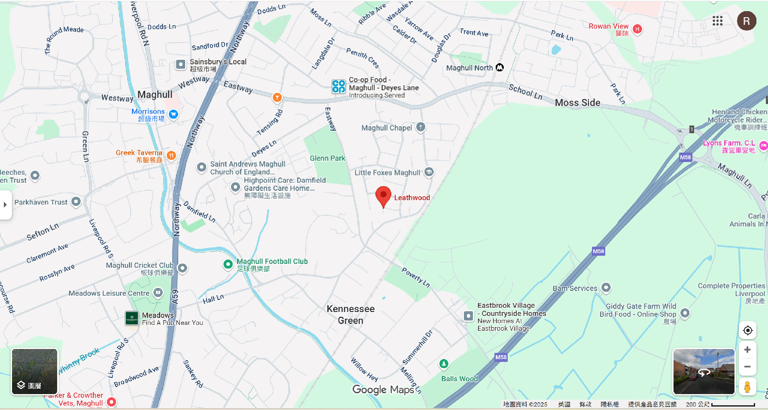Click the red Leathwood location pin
(x=383, y=196)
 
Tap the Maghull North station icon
(x=500, y=67)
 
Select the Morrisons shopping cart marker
(x=174, y=114)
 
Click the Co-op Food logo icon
(x=338, y=86)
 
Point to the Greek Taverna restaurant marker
(x=171, y=156)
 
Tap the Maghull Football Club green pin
(x=228, y=264)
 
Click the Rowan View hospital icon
(x=637, y=29)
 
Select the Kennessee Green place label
(x=350, y=315)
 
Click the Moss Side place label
(x=577, y=103)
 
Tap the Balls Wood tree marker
(x=444, y=364)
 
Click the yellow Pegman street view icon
(x=747, y=387)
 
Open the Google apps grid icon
(x=717, y=21)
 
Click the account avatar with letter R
(x=747, y=21)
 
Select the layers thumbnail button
(x=34, y=371)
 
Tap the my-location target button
(x=747, y=330)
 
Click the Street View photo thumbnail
(x=704, y=371)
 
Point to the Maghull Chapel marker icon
(x=421, y=127)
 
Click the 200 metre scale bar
(x=733, y=404)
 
